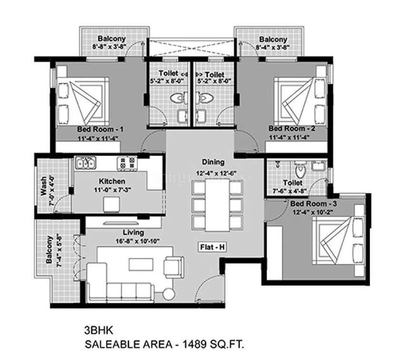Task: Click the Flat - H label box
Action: coord(212,247)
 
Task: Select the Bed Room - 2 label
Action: coord(291,129)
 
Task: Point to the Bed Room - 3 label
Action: coord(314,204)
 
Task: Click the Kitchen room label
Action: coord(112,181)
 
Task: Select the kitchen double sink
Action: coord(86,163)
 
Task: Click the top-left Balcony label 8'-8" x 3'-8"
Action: coord(111,43)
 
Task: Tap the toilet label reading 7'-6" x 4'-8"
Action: coord(292,186)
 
